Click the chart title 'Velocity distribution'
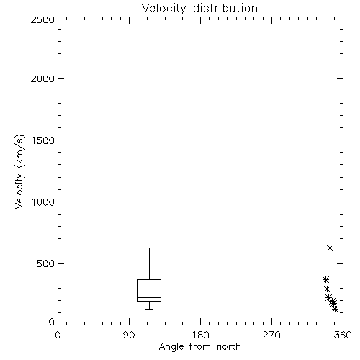199,9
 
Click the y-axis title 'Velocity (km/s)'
19,171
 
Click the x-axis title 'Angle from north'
199,347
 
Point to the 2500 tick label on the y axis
42,19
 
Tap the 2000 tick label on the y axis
42,78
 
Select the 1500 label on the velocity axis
43,140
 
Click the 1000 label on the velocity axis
43,202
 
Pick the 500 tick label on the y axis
46,264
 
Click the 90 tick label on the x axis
129,335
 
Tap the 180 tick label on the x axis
200,335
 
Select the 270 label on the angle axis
271,335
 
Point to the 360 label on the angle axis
343,335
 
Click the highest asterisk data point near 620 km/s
330,248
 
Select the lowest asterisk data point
336,309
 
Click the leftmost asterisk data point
325,279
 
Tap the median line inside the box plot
149,297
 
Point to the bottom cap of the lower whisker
149,309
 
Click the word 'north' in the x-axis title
229,347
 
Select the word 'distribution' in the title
225,9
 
